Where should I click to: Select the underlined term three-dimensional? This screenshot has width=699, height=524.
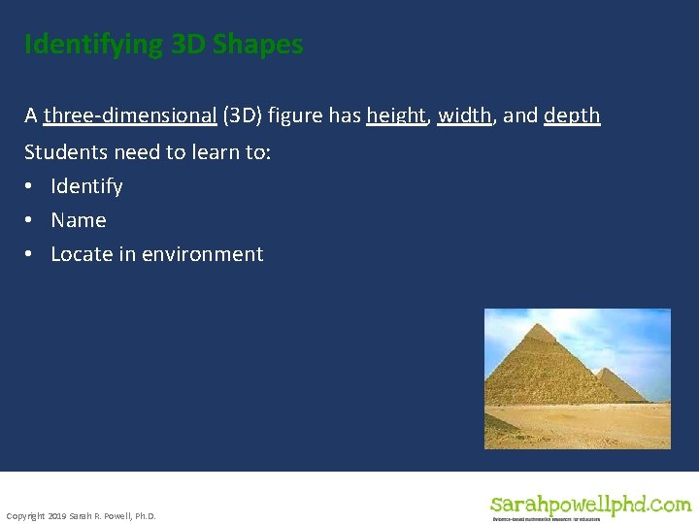(130, 116)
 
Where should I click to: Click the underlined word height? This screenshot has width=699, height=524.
(396, 116)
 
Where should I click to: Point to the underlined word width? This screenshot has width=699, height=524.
(464, 116)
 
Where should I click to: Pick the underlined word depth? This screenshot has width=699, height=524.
(572, 116)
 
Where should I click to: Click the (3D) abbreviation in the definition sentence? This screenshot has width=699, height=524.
(242, 116)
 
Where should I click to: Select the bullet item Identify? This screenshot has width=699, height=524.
(86, 186)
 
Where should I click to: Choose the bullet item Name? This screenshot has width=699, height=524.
(79, 220)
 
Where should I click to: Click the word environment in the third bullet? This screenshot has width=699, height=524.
(202, 254)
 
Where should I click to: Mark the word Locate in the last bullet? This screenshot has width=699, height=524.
(79, 254)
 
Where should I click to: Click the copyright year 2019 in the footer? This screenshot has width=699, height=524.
(56, 515)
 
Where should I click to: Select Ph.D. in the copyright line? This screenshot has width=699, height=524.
(142, 515)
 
